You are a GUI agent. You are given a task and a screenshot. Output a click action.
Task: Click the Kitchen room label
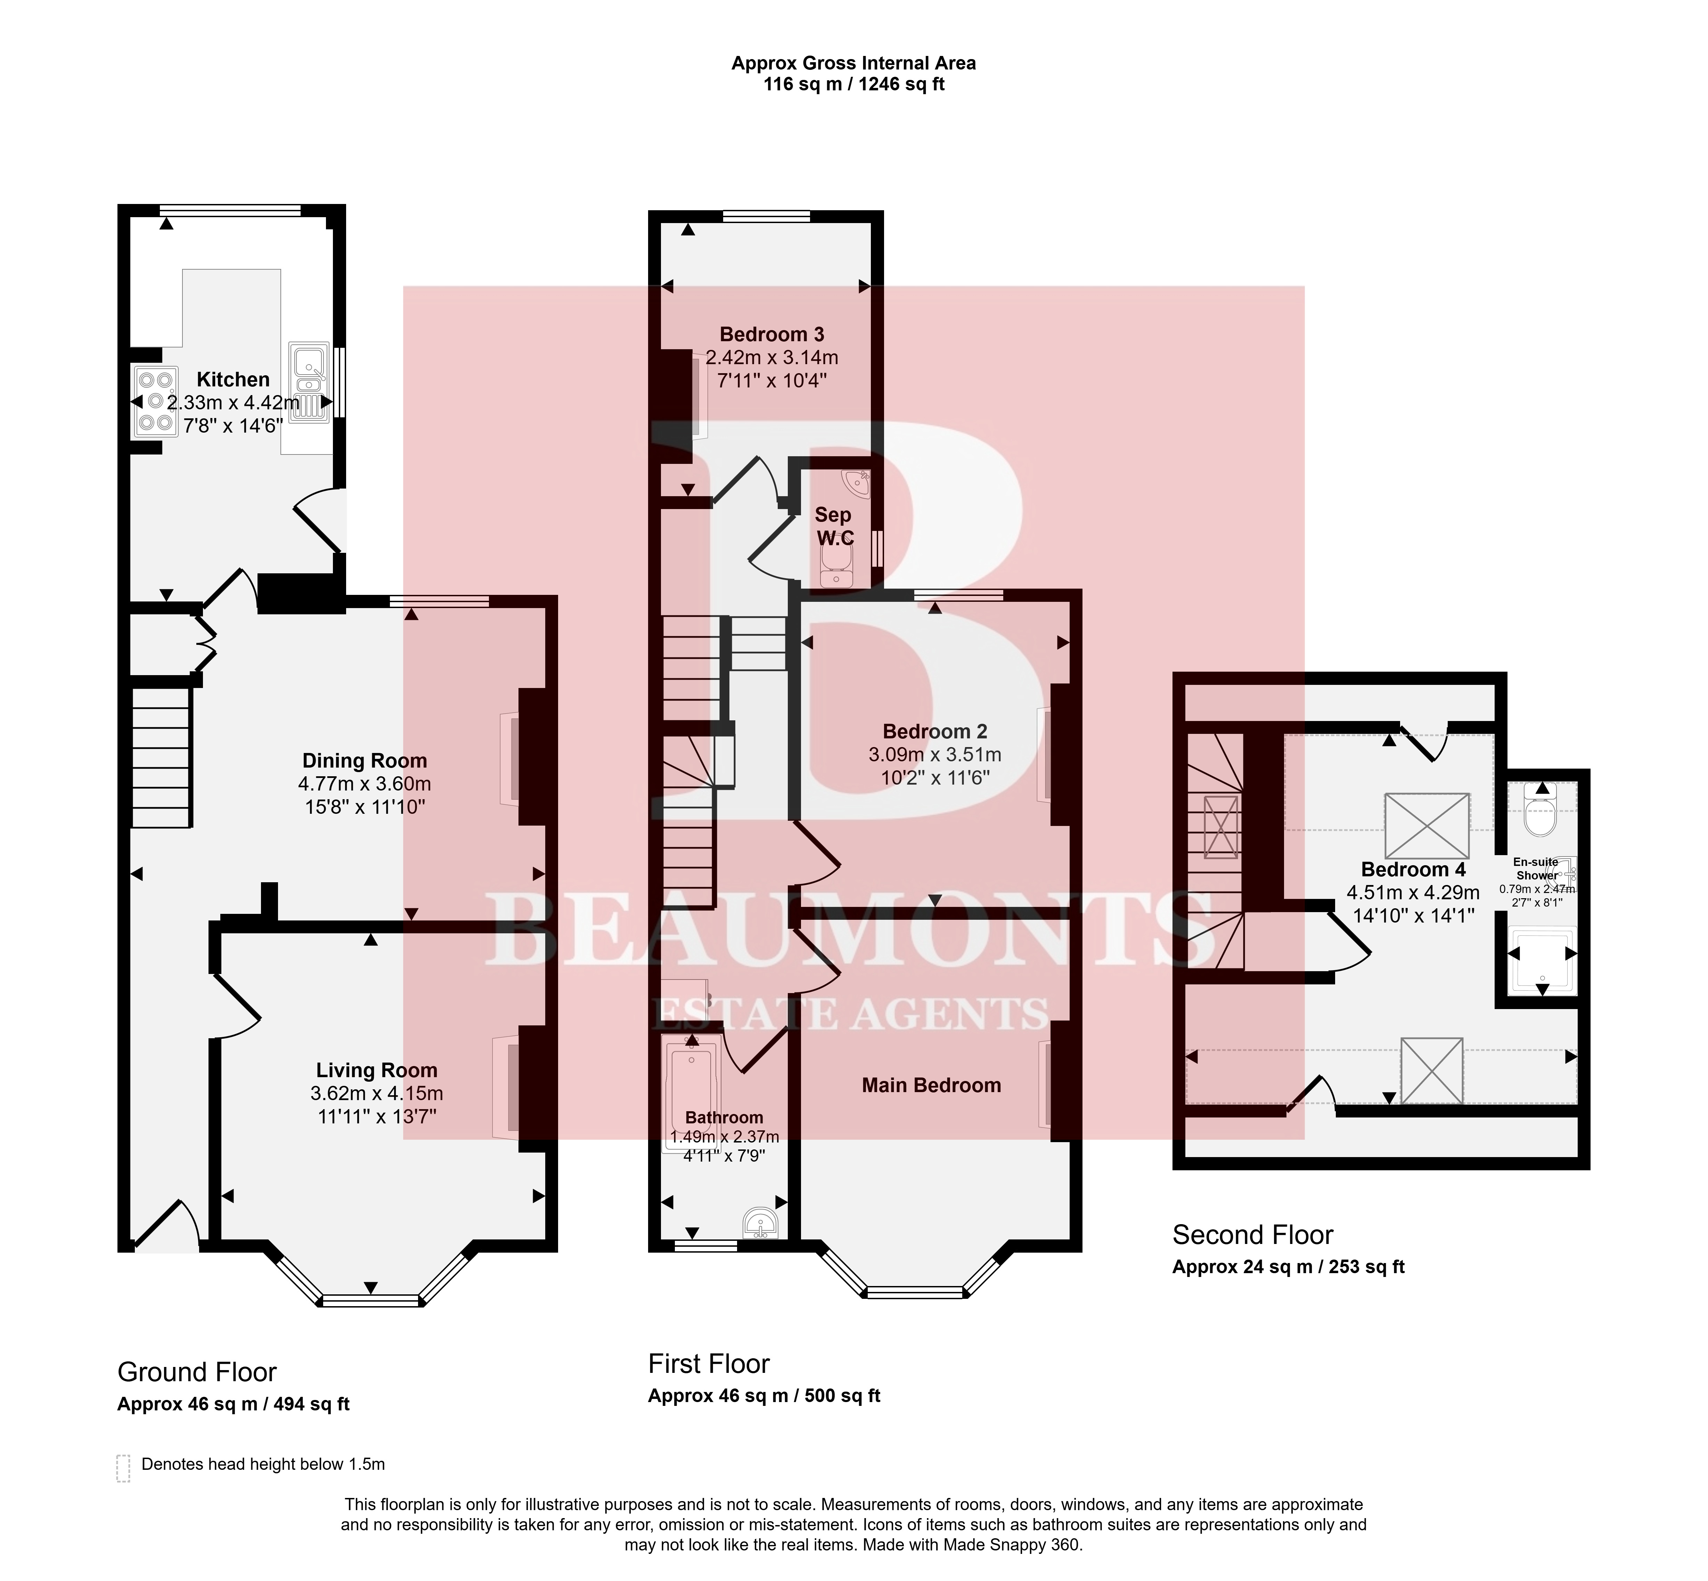[x=233, y=379]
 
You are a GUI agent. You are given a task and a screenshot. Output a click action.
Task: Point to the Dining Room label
[x=365, y=761]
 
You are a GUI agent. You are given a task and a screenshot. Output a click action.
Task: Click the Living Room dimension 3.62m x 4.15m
[x=376, y=1092]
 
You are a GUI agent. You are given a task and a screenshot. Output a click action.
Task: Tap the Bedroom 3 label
[x=772, y=335]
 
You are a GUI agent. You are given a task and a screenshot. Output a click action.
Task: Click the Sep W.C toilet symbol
[x=835, y=566]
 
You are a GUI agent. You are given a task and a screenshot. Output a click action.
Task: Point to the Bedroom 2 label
[x=934, y=731]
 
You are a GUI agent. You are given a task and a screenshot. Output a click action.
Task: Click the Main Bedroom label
[x=931, y=1085]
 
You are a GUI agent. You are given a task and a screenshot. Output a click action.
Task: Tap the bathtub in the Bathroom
[x=692, y=1091]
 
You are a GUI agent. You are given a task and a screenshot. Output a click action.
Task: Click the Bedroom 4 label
[x=1413, y=869]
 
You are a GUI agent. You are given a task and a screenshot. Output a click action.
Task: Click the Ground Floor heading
[x=197, y=1372]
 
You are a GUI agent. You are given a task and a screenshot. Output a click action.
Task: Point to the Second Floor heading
[x=1253, y=1235]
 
